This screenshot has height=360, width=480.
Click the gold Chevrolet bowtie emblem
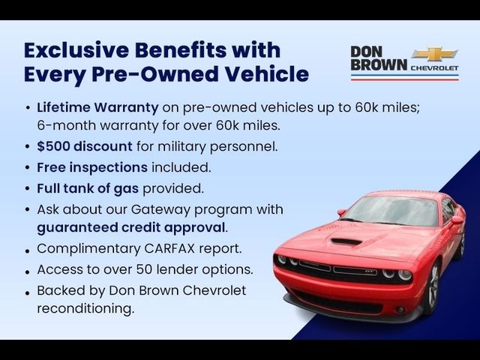click(435, 54)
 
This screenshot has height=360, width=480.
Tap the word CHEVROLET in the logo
click(434, 68)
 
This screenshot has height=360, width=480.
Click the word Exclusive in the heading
click(76, 50)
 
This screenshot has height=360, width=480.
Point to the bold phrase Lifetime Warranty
click(97, 107)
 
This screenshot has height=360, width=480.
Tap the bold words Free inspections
click(92, 167)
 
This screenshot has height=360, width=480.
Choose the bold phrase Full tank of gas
click(88, 188)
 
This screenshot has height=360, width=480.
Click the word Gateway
click(161, 210)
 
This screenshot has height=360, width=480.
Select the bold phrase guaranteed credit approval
click(131, 228)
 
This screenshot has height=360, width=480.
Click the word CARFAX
click(169, 248)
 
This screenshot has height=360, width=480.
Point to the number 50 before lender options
click(145, 269)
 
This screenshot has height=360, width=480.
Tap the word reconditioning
click(85, 308)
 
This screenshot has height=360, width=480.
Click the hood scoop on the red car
click(346, 241)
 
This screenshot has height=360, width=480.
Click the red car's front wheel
click(433, 288)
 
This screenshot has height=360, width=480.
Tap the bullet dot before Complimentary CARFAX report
click(28, 251)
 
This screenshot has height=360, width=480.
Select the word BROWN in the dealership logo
click(379, 64)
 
